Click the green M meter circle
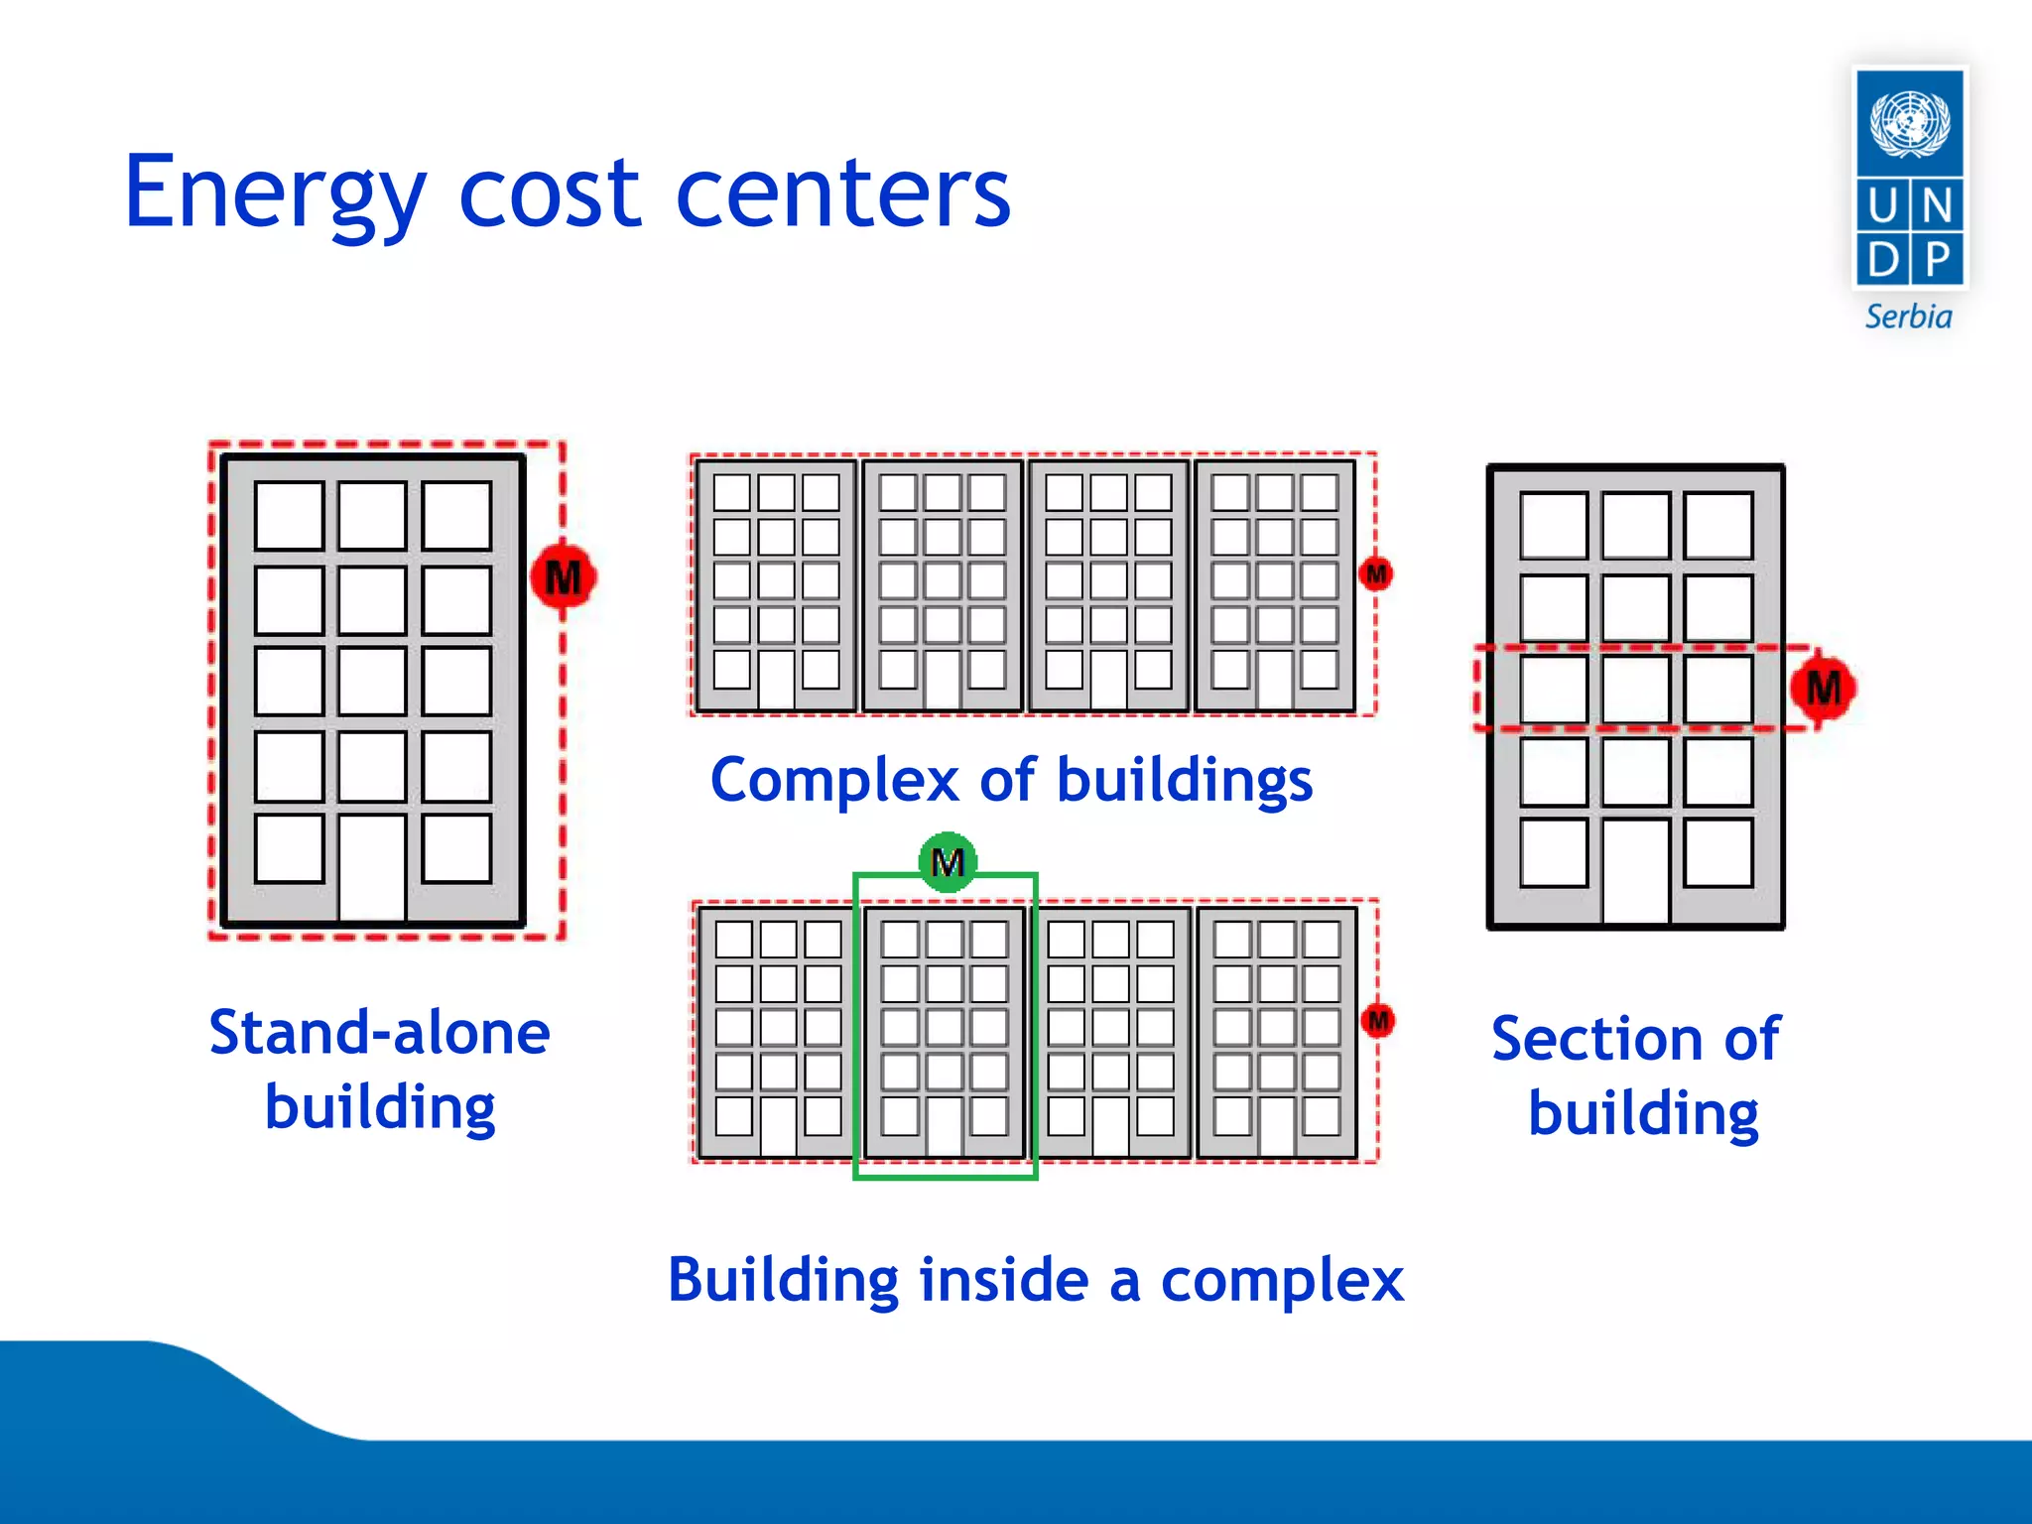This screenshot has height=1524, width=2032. (x=948, y=862)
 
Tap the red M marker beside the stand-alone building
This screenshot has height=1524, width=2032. (x=563, y=576)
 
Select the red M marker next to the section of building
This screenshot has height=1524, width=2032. (x=1823, y=688)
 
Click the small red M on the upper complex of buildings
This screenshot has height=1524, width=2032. (x=1376, y=573)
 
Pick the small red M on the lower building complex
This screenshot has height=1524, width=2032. (x=1378, y=1020)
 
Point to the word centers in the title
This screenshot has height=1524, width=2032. (x=842, y=193)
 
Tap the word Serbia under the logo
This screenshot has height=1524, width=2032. (x=1908, y=317)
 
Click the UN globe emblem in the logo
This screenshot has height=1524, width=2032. (x=1909, y=123)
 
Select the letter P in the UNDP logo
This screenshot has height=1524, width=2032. (x=1937, y=259)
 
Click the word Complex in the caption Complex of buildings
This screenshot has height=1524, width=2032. (x=834, y=781)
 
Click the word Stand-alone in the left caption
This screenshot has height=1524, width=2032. (x=379, y=1033)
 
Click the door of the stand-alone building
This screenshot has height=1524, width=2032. (x=372, y=868)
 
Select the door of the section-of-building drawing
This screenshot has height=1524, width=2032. (x=1635, y=871)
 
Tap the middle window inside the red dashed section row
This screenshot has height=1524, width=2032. (x=1635, y=689)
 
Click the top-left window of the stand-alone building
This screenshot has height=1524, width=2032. (x=289, y=516)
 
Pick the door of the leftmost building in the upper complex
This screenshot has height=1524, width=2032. (x=776, y=680)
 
